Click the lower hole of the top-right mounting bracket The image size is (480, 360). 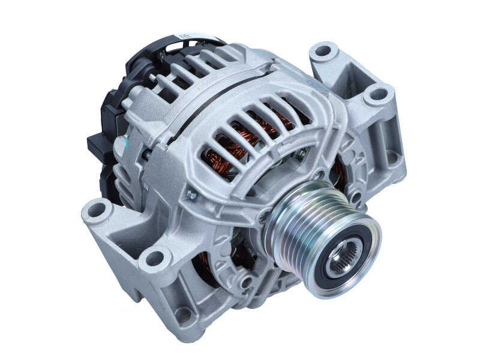377,94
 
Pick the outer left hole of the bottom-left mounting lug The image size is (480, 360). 97,210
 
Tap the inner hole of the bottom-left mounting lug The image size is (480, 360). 155,259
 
